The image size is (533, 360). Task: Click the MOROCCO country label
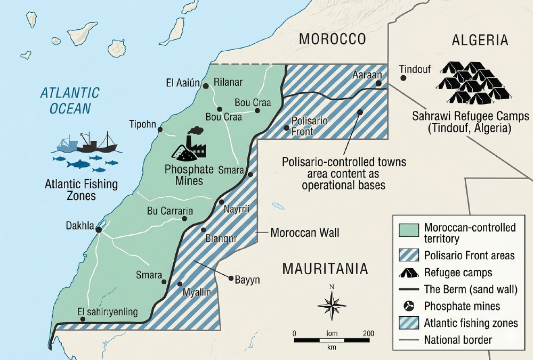pos(332,39)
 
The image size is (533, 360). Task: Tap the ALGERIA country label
pos(480,40)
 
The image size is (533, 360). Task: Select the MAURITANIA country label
pos(325,268)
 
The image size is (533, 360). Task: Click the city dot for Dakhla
pos(99,230)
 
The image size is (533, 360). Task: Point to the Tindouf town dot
pos(403,78)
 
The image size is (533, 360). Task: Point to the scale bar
pos(331,339)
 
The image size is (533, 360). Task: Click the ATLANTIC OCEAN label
pos(70,100)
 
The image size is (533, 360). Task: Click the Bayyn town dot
pos(231,278)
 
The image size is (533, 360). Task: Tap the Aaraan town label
pos(366,76)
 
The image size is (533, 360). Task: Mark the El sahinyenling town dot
pos(83,319)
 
